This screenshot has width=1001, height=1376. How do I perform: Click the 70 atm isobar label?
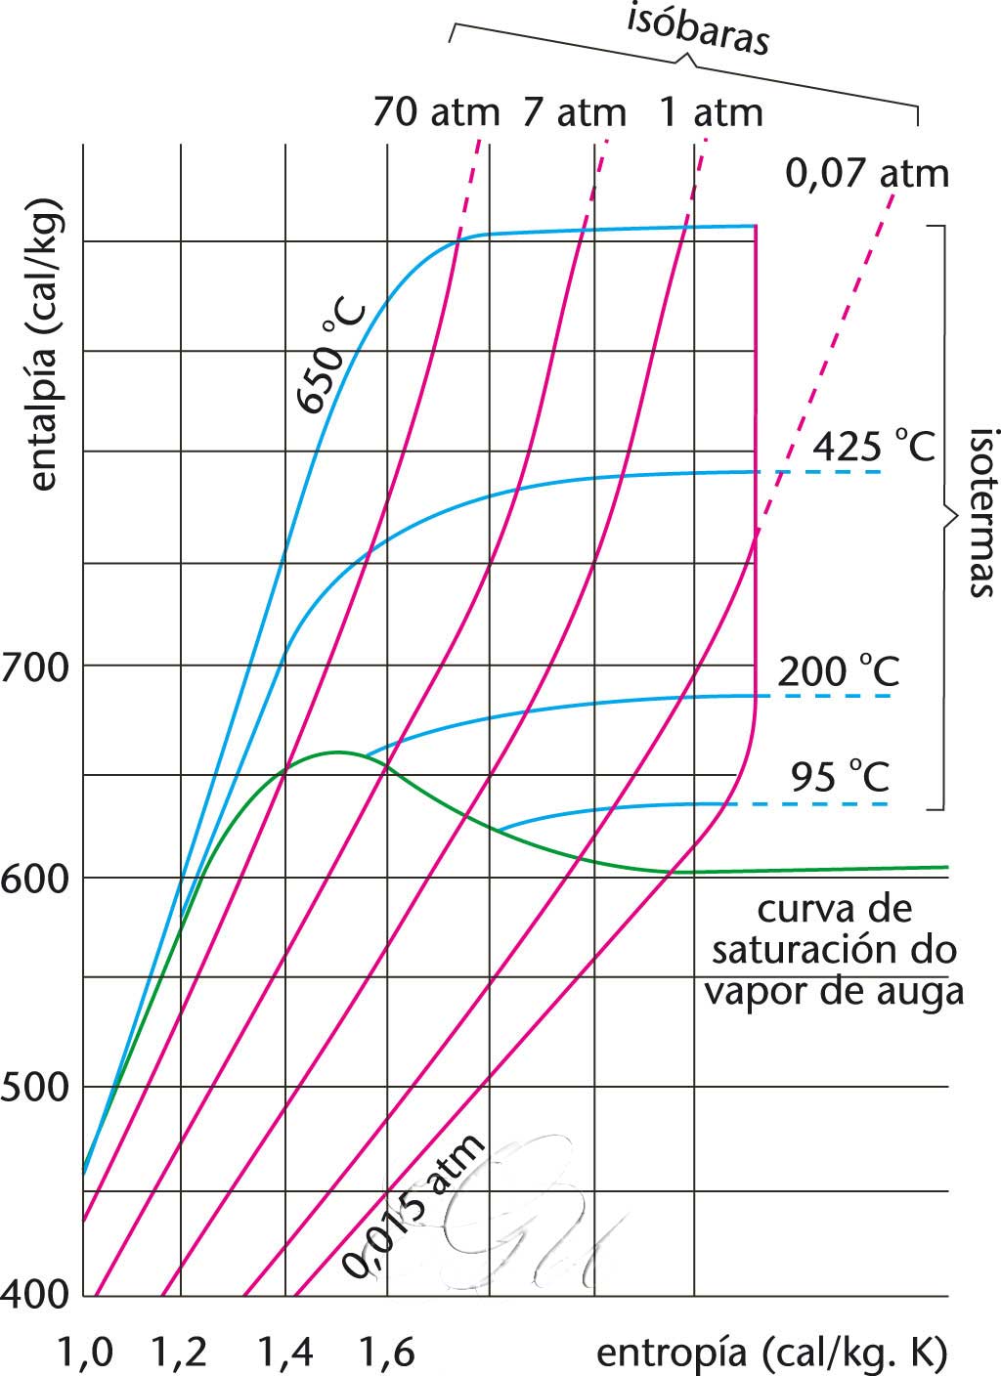[x=435, y=112]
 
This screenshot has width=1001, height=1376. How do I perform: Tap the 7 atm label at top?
[x=574, y=112]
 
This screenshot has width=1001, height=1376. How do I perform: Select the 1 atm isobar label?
[x=710, y=112]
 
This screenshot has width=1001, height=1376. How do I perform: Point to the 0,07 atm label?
[x=867, y=174]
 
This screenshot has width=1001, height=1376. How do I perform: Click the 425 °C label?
[x=874, y=447]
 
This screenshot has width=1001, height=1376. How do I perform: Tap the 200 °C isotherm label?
[x=838, y=671]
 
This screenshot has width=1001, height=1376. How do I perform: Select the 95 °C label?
[x=840, y=777]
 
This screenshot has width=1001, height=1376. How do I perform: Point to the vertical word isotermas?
[x=980, y=510]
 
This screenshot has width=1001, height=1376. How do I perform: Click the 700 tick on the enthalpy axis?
[x=36, y=668]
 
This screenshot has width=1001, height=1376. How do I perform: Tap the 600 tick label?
[x=36, y=878]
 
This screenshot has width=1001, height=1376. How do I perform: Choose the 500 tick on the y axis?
[x=36, y=1087]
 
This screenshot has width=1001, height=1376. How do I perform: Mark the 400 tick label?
[x=36, y=1296]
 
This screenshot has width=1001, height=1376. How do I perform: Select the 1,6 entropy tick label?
[x=387, y=1353]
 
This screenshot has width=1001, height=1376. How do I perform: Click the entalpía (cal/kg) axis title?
[x=43, y=346]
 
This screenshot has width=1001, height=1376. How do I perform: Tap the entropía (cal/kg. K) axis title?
[x=770, y=1353]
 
